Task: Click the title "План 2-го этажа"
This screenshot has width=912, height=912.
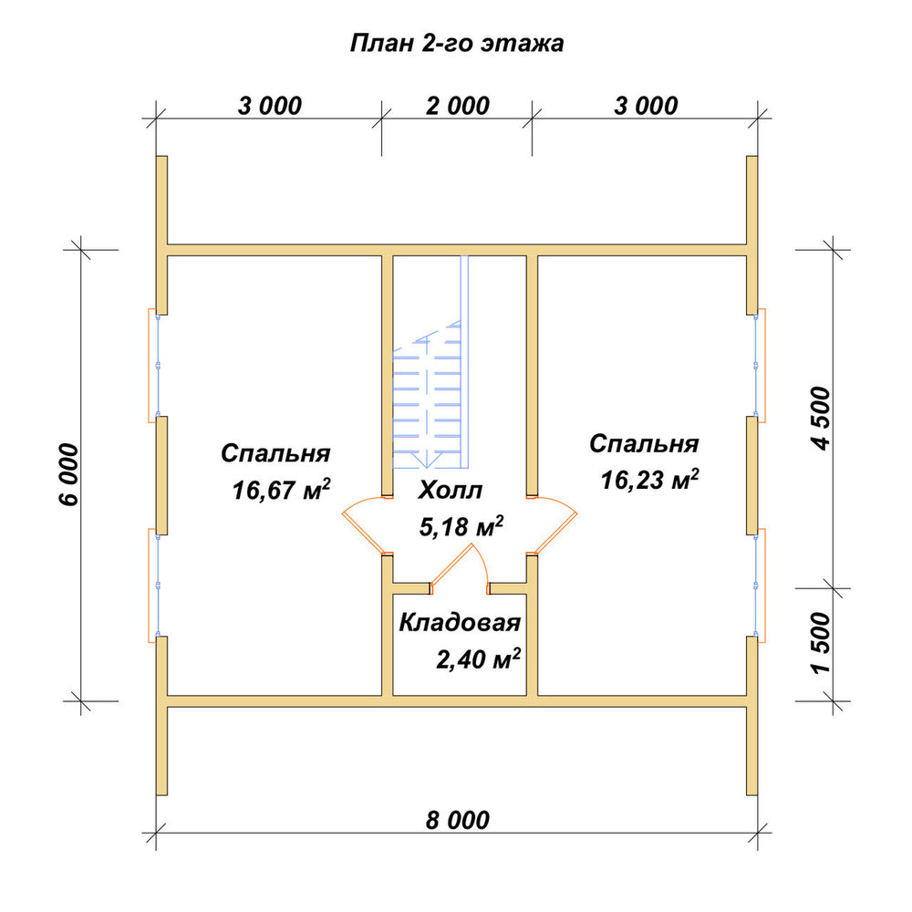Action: (x=457, y=44)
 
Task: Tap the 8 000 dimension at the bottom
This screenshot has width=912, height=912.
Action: (x=457, y=820)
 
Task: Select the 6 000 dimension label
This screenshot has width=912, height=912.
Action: (x=68, y=474)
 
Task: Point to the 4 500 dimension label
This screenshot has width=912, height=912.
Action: (x=822, y=419)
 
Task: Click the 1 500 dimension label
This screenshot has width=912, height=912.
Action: (x=822, y=644)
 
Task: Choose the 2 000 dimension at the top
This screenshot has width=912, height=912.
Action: (x=457, y=106)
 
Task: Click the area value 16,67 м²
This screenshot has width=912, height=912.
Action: (x=281, y=489)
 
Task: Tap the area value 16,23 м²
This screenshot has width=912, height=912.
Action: (x=649, y=480)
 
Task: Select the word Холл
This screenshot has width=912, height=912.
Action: (x=451, y=491)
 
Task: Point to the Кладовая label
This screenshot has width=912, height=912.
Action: (x=460, y=622)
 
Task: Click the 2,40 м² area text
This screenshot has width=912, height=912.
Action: (x=478, y=659)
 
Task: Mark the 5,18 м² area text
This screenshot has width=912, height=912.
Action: (x=461, y=526)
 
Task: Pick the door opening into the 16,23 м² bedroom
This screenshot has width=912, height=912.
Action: (x=553, y=526)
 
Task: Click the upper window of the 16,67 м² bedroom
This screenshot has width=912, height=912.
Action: (x=153, y=366)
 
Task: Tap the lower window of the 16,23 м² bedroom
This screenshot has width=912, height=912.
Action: (x=760, y=586)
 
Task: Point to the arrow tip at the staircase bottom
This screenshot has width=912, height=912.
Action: (x=427, y=468)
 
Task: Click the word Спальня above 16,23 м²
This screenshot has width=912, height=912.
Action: (x=644, y=444)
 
